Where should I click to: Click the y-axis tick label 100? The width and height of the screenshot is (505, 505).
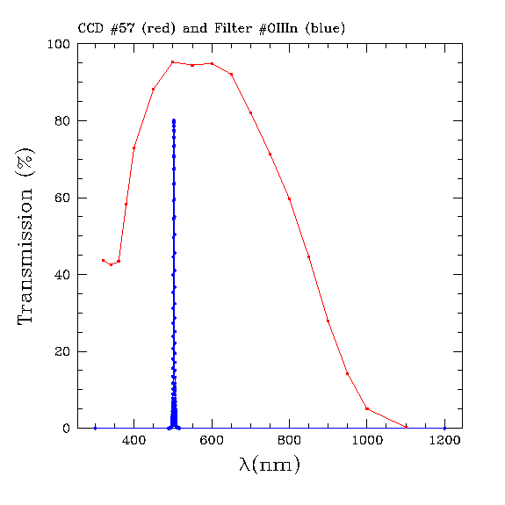coord(58,44)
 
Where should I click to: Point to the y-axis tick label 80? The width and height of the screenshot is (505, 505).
coord(62,121)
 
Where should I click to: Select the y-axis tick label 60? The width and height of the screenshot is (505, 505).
coord(62,198)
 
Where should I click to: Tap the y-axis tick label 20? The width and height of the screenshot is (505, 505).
coord(62,351)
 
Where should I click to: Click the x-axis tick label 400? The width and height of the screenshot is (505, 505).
coord(134,440)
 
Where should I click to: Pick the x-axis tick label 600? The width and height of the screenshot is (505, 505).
coord(212,440)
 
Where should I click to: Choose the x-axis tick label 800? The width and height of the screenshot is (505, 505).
coord(289,440)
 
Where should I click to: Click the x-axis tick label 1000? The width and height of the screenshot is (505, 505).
coord(367,440)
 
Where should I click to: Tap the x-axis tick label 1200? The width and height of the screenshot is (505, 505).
coord(444,440)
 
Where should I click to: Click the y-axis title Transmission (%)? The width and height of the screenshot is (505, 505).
coord(25,237)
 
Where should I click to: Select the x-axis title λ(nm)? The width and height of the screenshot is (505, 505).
coord(270,465)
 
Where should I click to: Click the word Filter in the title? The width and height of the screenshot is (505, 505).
coord(233,28)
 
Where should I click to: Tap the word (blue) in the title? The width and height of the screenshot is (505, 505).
coord(325,28)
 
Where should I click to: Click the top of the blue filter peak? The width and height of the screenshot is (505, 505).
coord(174,120)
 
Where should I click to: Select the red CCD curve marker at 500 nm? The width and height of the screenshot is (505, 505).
coord(173,62)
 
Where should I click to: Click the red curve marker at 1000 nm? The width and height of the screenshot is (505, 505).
coord(367,408)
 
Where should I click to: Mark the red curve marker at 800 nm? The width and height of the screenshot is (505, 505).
coord(289,199)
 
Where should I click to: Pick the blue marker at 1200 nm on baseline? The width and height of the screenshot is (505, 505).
coord(444,429)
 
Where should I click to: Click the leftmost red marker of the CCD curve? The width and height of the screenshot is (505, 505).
coord(103,260)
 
